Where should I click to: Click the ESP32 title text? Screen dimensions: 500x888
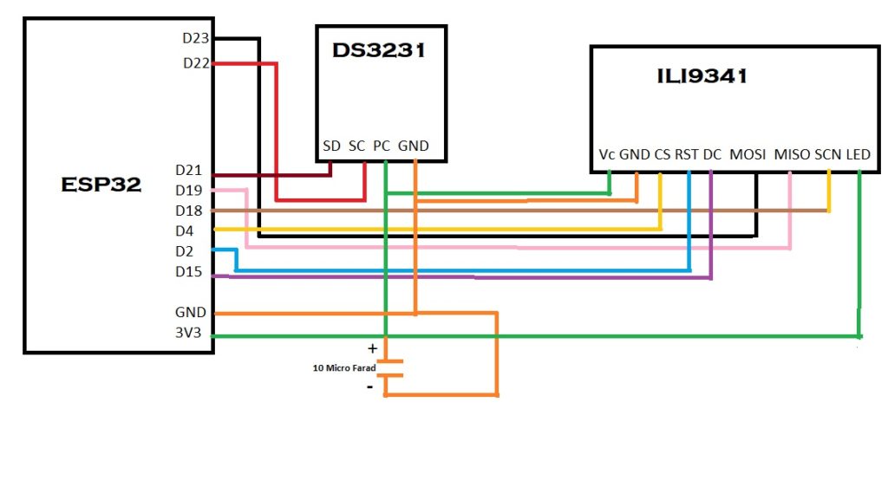101,184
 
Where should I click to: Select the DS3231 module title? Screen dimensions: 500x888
379,50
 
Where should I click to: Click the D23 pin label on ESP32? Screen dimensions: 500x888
196,38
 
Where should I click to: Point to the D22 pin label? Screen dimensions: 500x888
196,63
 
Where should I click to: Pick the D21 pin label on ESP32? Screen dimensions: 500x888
189,170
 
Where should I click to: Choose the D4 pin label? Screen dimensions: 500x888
186,231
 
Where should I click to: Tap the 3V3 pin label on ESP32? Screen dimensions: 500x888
190,333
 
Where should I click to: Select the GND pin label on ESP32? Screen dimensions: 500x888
190,312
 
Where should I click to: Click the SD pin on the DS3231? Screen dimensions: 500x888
331,146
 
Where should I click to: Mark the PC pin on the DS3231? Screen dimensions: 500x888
382,146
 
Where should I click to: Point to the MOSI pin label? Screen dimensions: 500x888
748,154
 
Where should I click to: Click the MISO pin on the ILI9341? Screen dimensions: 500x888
791,154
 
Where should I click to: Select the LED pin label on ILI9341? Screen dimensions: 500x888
858,154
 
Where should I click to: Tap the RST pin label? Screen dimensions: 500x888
687,154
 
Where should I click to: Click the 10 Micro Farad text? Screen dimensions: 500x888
343,368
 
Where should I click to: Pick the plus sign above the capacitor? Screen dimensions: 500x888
373,348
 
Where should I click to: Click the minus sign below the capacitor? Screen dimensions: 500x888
370,386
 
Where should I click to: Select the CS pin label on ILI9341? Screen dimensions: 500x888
663,154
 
